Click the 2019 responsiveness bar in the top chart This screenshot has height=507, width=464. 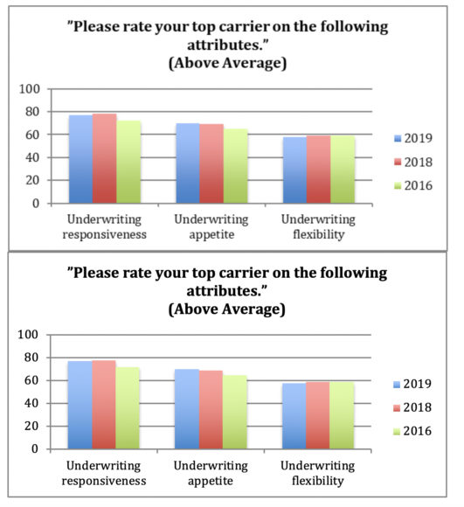tap(80, 159)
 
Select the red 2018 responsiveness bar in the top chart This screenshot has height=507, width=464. tap(105, 158)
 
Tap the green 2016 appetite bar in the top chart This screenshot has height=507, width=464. tap(236, 166)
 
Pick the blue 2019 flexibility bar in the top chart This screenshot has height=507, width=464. tap(294, 170)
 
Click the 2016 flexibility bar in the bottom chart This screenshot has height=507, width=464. tap(342, 415)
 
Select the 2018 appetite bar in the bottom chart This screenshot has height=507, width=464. tap(211, 410)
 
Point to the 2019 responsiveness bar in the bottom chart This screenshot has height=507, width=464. tap(80, 405)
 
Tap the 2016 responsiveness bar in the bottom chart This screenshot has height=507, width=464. tap(128, 407)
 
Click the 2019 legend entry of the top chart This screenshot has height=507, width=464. tap(413, 138)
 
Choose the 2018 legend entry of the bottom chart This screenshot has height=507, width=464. tap(412, 407)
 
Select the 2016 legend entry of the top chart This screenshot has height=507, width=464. tap(413, 185)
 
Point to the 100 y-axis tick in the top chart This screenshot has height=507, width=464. tap(30, 89)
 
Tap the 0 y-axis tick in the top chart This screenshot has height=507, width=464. tap(36, 204)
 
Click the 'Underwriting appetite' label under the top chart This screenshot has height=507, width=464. tap(211, 226)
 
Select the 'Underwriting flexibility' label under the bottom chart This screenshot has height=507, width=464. tap(317, 473)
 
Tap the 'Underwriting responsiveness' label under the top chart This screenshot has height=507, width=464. tap(104, 226)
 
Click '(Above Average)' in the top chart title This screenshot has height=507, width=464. tap(227, 63)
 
